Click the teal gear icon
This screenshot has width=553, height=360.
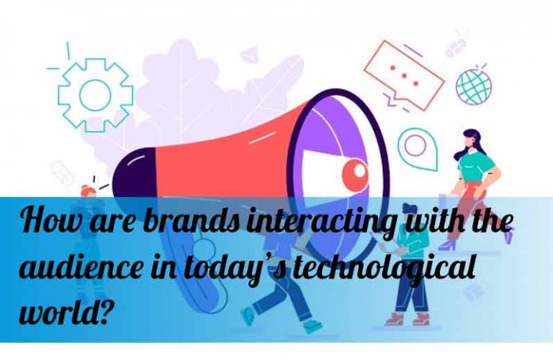64,95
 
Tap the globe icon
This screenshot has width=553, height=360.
474,86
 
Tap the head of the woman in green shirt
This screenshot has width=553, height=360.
471,138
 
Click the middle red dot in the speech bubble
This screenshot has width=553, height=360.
404,75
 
